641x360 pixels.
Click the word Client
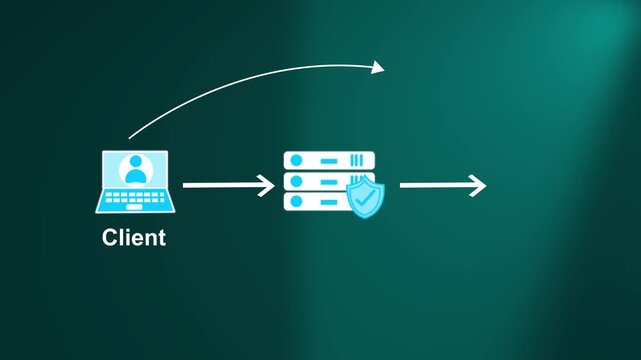[134, 238]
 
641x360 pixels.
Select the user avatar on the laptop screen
[135, 170]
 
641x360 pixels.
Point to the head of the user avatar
[135, 163]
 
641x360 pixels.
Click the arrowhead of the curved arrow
[378, 67]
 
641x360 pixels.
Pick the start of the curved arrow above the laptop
[131, 136]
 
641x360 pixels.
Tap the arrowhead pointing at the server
[267, 185]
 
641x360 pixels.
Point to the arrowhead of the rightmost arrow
[479, 185]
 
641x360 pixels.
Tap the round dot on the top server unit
[295, 160]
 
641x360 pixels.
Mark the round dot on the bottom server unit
[295, 201]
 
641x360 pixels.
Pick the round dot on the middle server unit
[295, 181]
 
